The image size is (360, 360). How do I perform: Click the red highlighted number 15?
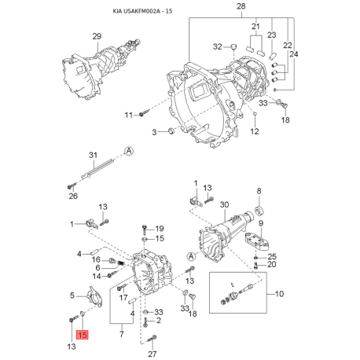[83, 335]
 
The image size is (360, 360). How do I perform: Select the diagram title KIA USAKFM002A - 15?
[142, 11]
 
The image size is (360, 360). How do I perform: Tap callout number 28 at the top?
[241, 6]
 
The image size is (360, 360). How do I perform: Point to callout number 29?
[97, 36]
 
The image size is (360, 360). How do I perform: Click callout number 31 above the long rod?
[93, 155]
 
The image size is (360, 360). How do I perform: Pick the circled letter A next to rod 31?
[129, 151]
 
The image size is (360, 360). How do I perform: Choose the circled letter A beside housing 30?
[192, 256]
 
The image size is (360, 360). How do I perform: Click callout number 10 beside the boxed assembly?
[280, 294]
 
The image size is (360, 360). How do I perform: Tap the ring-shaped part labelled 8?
[259, 211]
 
